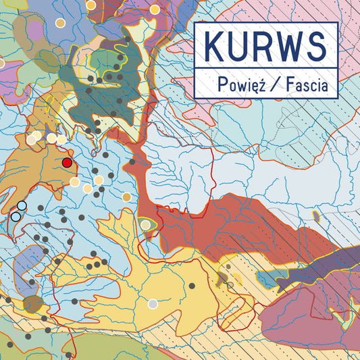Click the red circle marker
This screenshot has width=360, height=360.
click(x=67, y=163)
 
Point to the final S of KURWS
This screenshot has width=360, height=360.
click(x=315, y=46)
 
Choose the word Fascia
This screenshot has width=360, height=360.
click(x=306, y=86)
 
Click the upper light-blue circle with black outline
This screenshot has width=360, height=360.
click(x=22, y=205)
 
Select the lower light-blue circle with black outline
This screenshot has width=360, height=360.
click(x=15, y=216)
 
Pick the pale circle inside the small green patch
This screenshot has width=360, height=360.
click(x=145, y=224)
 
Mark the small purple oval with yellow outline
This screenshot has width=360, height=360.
click(x=315, y=216)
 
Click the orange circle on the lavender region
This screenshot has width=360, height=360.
click(x=59, y=23)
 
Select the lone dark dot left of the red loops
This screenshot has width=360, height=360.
click(x=126, y=196)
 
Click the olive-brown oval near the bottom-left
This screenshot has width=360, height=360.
click(x=32, y=304)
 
